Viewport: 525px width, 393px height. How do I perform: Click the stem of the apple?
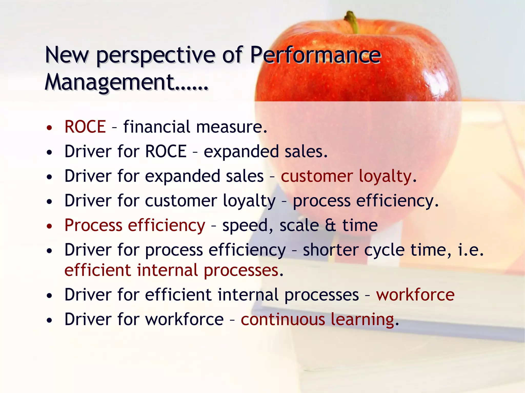(352, 22)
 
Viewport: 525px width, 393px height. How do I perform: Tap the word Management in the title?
(109, 82)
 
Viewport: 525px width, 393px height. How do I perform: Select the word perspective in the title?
(156, 56)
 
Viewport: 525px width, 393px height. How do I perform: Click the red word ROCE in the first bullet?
(85, 127)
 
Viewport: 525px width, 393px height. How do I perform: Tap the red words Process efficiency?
(135, 226)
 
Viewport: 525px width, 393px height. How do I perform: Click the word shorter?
(330, 250)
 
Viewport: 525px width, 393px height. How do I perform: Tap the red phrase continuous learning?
(317, 320)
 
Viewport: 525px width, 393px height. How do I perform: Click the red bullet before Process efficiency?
(49, 226)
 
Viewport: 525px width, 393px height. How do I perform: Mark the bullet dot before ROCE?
(49, 127)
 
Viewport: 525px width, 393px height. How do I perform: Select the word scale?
(299, 226)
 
